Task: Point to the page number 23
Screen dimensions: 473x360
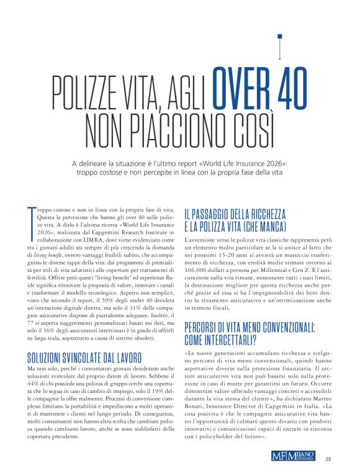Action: point(328,459)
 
